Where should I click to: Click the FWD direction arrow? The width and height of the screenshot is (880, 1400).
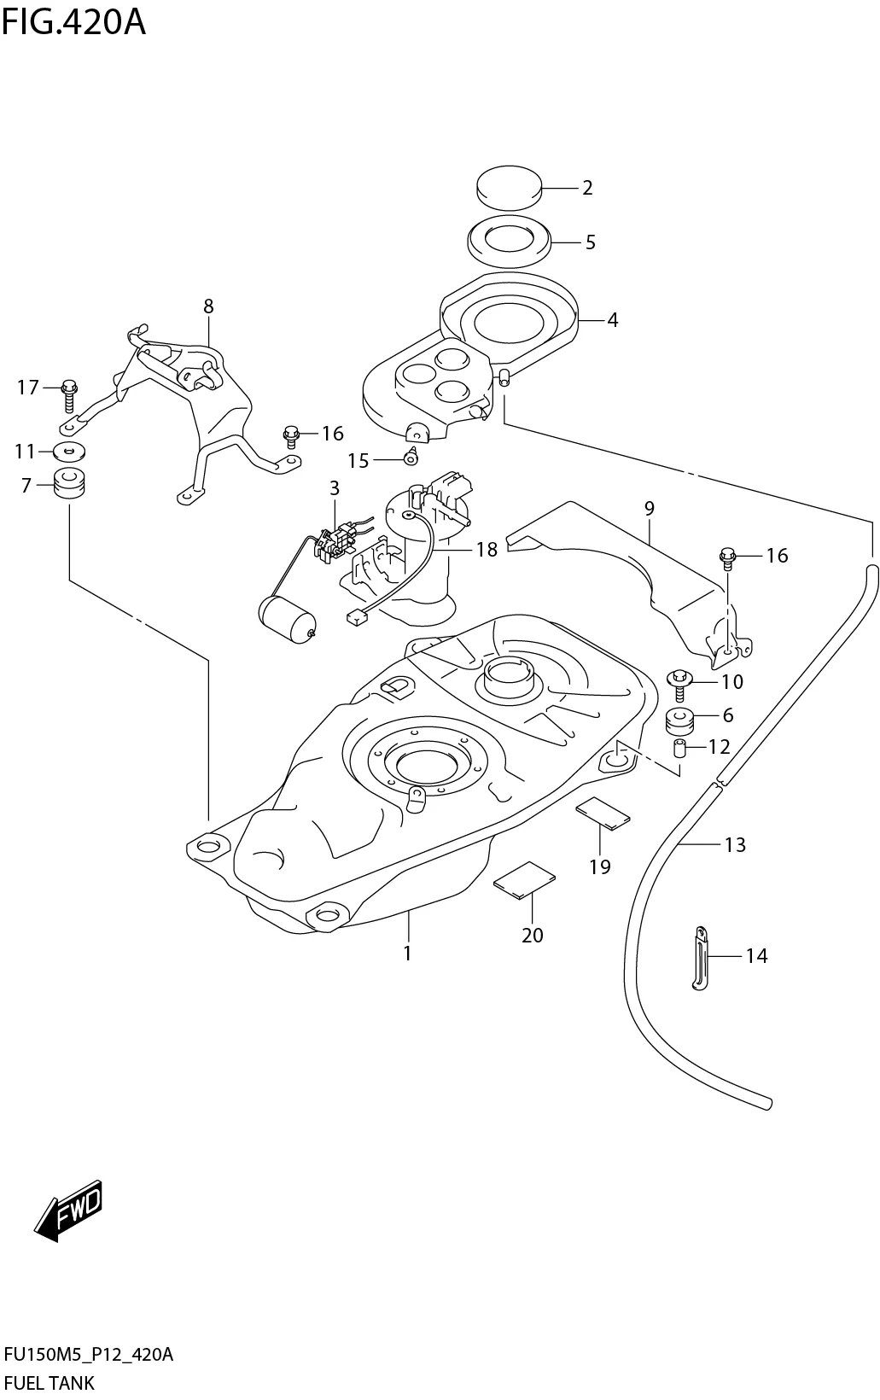70,1210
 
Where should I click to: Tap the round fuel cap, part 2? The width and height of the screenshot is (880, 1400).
509,187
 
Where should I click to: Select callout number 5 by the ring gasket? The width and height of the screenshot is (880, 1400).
590,242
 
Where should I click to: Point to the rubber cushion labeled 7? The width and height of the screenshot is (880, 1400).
71,485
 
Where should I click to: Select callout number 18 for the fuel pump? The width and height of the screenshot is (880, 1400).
487,549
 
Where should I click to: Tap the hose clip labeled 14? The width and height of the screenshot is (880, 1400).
700,958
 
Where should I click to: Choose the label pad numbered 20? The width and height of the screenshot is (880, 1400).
524,879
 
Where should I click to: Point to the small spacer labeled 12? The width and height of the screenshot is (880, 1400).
680,749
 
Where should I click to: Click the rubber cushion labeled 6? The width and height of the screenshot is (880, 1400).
680,720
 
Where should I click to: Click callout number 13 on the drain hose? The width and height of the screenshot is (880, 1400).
735,845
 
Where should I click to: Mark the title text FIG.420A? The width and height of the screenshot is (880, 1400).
73,21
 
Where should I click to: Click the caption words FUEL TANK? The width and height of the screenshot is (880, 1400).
50,1383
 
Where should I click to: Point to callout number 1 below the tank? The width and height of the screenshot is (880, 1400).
408,953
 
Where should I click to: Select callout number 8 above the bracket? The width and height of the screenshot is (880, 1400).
208,306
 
